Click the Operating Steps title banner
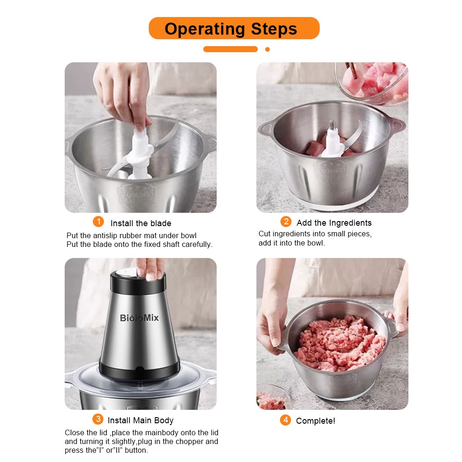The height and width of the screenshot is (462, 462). click(x=234, y=29)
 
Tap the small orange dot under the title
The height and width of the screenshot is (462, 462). click(x=267, y=49)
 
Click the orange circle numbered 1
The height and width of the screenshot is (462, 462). click(x=98, y=222)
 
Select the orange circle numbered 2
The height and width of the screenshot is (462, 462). click(x=286, y=222)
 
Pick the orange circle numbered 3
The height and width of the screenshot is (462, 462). click(x=97, y=419)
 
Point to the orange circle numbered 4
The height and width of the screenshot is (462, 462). click(x=286, y=420)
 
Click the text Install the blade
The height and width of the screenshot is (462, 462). click(x=141, y=223)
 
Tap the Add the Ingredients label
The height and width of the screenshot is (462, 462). click(x=334, y=223)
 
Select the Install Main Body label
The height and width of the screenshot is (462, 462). click(x=140, y=420)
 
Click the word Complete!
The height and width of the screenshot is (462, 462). click(x=316, y=421)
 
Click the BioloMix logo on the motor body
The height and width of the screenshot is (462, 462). click(x=139, y=318)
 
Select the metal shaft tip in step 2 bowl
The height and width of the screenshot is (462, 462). click(x=331, y=124)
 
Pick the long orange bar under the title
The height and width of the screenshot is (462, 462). click(x=231, y=49)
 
